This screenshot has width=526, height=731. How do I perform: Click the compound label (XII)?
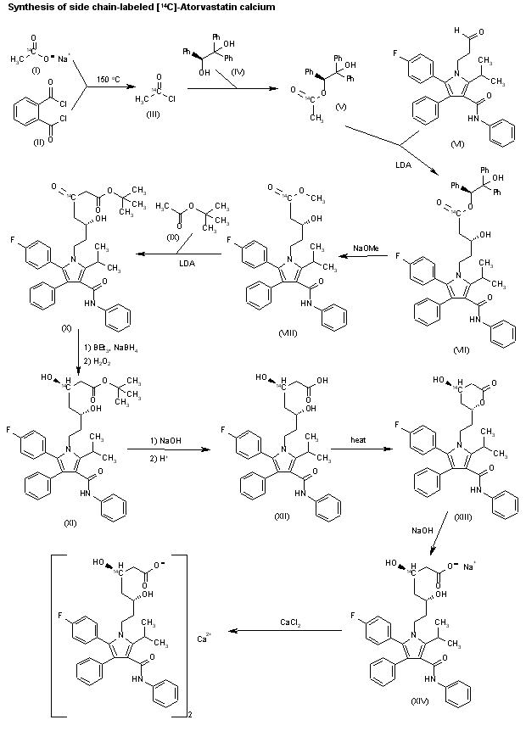click(x=283, y=516)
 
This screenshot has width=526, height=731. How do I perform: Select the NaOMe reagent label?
click(x=366, y=243)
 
